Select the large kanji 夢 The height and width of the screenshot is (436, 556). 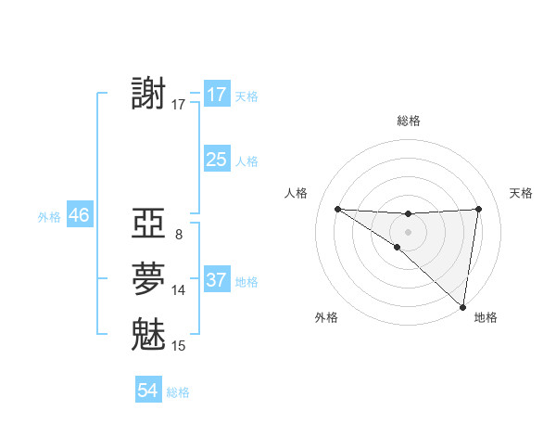tap(149, 278)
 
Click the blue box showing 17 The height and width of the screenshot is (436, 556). tap(216, 95)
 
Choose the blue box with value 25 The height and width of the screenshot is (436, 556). tap(216, 160)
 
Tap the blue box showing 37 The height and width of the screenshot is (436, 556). tap(216, 280)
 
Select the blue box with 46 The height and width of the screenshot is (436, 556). tap(79, 215)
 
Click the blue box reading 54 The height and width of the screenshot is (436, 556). tap(147, 391)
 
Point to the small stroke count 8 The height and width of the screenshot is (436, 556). tap(178, 235)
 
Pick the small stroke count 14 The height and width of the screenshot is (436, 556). tap(179, 290)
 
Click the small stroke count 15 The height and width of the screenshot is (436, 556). tap(179, 346)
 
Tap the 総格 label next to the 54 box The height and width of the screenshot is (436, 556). tap(178, 392)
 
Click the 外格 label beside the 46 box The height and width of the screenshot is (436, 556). tap(49, 217)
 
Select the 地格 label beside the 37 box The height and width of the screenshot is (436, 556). tap(246, 282)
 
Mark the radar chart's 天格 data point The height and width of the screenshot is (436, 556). tap(478, 209)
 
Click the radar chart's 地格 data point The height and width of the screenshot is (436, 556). tap(463, 305)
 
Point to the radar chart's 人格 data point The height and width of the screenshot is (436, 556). tap(337, 209)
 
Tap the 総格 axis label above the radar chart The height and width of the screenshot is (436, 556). tap(408, 121)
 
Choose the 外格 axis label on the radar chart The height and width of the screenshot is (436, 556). tap(326, 317)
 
